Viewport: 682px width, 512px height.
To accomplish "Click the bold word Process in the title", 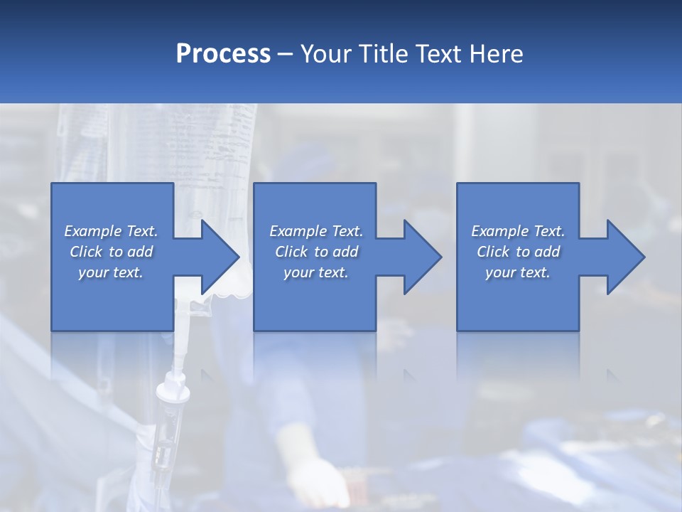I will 223,54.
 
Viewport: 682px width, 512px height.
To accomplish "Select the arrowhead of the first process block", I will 220,257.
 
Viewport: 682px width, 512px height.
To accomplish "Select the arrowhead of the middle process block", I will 423,257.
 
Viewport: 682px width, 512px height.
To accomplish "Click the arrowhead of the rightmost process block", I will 626,257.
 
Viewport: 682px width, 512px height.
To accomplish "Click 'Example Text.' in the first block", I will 111,231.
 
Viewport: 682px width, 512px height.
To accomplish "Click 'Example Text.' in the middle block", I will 316,231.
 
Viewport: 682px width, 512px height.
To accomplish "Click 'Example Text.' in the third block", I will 518,231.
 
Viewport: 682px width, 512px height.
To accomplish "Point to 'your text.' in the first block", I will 111,272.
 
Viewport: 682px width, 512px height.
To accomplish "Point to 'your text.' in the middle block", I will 316,272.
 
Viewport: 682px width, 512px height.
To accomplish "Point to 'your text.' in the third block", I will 518,272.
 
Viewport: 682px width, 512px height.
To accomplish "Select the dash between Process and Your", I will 286,55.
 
